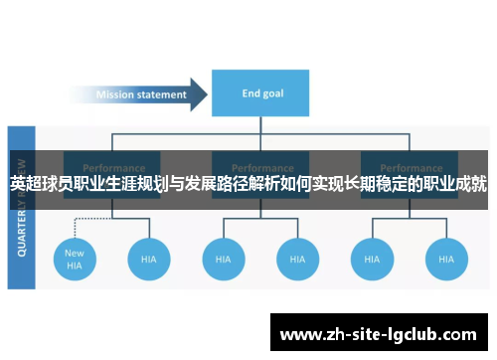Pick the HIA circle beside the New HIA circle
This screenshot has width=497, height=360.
pos(149,259)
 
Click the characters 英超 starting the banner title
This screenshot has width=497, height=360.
pos(27,185)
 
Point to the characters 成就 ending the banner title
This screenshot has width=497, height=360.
pos(471,185)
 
